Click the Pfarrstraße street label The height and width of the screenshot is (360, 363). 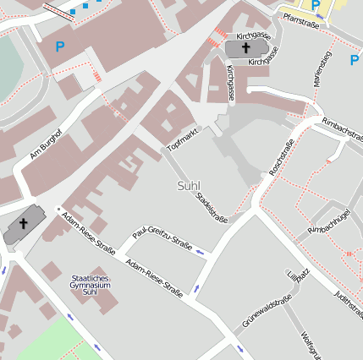pos(300,17)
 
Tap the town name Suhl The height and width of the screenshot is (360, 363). pos(190,185)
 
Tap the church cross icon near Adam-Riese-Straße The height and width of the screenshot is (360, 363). pos(24,224)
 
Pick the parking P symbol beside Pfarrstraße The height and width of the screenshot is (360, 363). pos(316,5)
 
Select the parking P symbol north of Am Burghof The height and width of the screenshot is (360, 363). pos(59,47)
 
